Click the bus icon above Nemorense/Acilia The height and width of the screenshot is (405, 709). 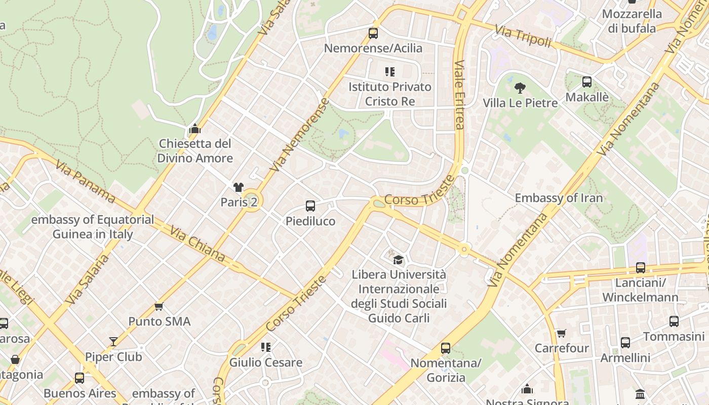click(x=373, y=33)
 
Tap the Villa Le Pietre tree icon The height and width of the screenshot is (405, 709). click(x=520, y=89)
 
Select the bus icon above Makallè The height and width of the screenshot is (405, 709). click(x=587, y=82)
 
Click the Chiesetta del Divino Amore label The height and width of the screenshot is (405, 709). click(x=195, y=151)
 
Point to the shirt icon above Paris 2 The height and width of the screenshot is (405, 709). click(x=239, y=187)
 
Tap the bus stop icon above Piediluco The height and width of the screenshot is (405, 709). click(x=310, y=206)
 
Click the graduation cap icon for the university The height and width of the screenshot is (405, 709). click(x=399, y=260)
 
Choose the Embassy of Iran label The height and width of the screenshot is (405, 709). click(x=559, y=198)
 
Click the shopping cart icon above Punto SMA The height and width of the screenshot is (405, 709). click(x=159, y=306)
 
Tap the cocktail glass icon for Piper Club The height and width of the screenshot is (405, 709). click(x=113, y=342)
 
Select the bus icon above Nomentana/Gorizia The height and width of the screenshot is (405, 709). click(x=446, y=348)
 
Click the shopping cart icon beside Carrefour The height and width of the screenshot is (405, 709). click(x=561, y=333)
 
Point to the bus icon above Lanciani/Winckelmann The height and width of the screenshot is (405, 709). click(x=641, y=268)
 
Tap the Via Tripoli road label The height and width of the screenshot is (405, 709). click(x=523, y=36)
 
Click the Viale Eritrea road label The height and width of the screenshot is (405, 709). click(x=459, y=95)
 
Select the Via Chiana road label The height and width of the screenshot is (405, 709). click(x=197, y=244)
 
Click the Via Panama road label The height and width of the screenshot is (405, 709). click(x=85, y=181)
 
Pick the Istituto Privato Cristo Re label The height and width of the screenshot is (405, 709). click(x=389, y=94)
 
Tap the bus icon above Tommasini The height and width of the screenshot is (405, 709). click(x=674, y=321)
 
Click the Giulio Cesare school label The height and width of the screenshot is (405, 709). click(x=266, y=362)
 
